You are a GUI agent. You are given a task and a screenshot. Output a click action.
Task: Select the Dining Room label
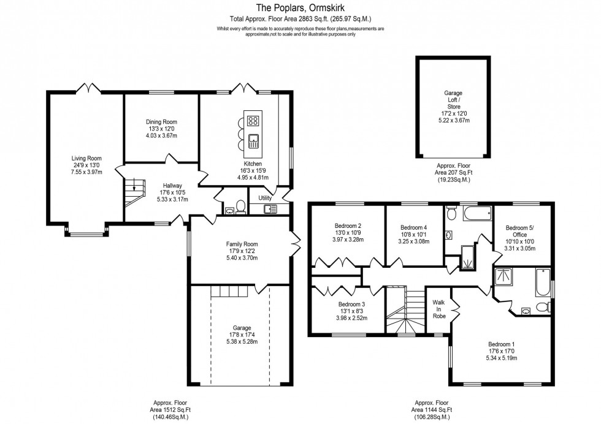[161, 122]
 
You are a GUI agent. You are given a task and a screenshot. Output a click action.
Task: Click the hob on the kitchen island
[253, 120]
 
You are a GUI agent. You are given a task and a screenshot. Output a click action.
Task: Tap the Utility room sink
[270, 210]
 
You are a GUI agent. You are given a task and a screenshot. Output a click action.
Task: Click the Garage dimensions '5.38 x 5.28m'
[242, 341]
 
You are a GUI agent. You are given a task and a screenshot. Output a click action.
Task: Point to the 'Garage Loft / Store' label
[453, 100]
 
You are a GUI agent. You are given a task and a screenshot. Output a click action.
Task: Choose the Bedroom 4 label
[413, 227]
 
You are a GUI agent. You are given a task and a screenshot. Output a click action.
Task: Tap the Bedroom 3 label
[351, 304]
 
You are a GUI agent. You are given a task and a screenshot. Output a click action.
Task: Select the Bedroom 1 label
[502, 344]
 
